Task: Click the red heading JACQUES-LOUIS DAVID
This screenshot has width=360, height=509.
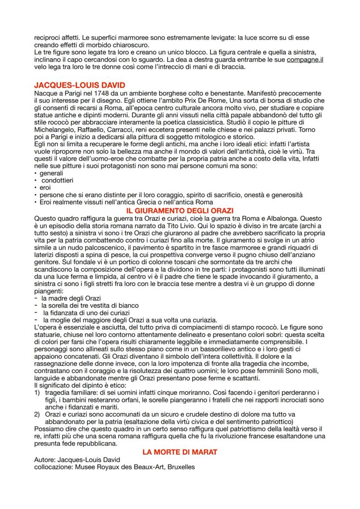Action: coord(80,85)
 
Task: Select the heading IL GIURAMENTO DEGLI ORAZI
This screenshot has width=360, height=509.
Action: coord(180,211)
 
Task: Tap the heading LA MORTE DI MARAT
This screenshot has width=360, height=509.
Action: coord(180,452)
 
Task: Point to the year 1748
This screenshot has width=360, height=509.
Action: coord(97,93)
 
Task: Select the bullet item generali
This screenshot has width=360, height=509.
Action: coord(51,173)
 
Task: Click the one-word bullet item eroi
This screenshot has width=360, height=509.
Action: coord(45,187)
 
